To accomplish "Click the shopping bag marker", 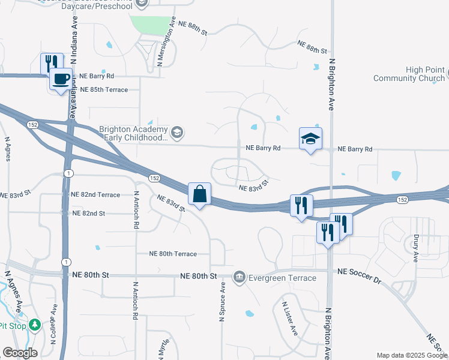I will tap(199, 194).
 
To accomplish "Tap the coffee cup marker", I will tap(60, 79).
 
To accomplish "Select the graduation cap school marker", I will tap(310, 139).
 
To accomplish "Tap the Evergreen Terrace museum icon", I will tap(239, 277).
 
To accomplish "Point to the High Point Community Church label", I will tap(409, 74).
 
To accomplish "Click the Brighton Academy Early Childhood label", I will tap(133, 133).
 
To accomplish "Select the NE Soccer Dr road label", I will tap(360, 272).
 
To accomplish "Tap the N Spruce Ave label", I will tap(223, 302).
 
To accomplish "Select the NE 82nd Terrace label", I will tap(95, 195).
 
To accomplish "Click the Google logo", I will tap(20, 352).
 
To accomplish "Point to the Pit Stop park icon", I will tap(35, 325).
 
